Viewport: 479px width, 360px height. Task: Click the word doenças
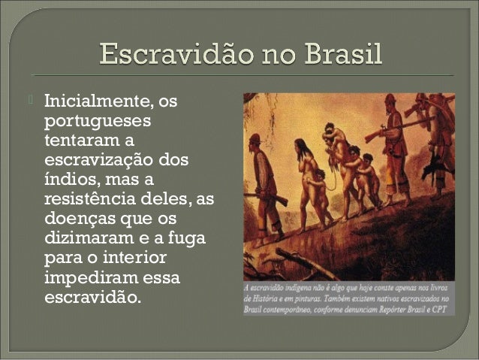point(82,220)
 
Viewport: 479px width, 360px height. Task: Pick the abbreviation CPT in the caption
point(444,307)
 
